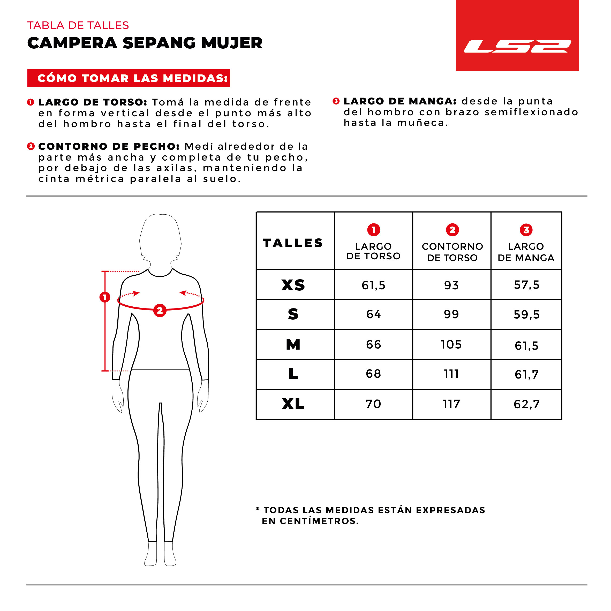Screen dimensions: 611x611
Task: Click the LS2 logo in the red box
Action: click(x=517, y=46)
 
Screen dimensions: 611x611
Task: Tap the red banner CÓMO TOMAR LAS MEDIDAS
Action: click(x=129, y=78)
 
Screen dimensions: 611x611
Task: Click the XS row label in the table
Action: click(x=293, y=285)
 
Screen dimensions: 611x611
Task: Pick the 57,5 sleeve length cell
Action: click(x=526, y=285)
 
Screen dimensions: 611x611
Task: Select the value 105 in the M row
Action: click(x=451, y=344)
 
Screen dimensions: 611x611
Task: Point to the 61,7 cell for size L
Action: click(x=526, y=374)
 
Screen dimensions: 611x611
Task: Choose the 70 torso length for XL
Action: click(x=373, y=404)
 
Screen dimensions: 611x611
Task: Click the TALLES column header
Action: click(x=293, y=243)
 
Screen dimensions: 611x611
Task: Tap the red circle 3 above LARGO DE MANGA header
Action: click(x=526, y=230)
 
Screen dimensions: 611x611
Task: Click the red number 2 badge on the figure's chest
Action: click(x=160, y=311)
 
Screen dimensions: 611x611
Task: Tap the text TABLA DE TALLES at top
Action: click(x=78, y=25)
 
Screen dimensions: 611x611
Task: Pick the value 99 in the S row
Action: click(x=451, y=314)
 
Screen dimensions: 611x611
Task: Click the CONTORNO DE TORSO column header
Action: click(x=452, y=252)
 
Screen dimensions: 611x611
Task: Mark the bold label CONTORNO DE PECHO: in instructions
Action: click(x=109, y=146)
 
